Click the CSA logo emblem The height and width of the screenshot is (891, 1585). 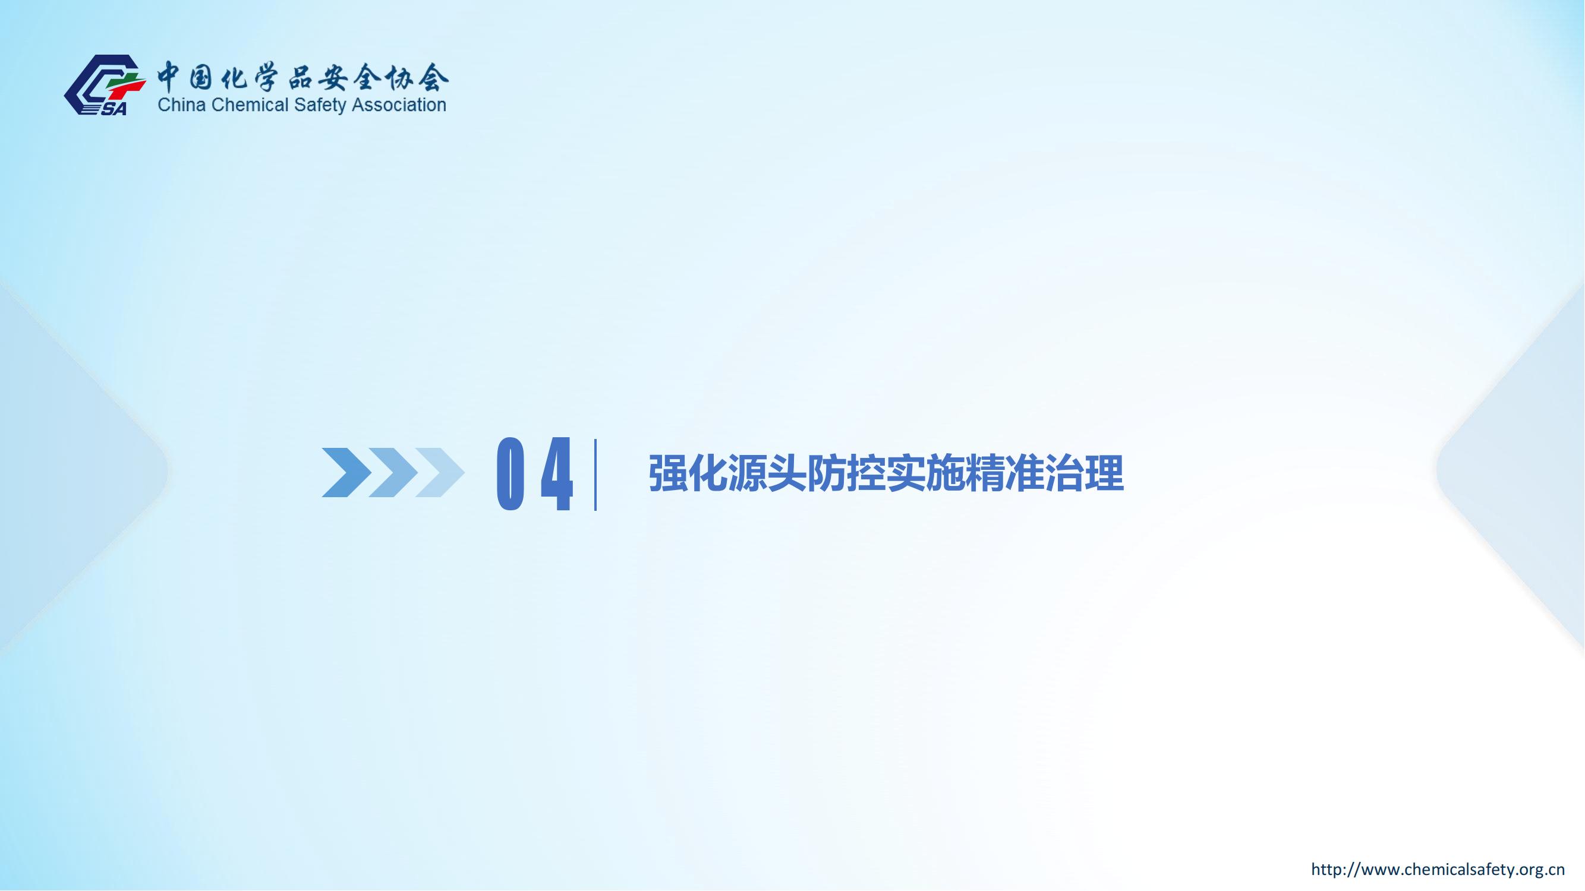click(105, 85)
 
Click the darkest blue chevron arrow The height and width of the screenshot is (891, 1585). click(346, 472)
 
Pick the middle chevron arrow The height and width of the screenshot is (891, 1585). click(393, 472)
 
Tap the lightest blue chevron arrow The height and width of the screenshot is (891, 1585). click(440, 472)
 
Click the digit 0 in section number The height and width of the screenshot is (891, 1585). click(511, 473)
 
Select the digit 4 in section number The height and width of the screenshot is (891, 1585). click(557, 473)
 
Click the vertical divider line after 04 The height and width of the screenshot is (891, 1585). click(595, 475)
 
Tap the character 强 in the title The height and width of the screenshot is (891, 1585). click(668, 473)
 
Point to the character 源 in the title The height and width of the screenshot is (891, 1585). click(748, 473)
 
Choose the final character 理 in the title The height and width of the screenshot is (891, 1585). click(1104, 473)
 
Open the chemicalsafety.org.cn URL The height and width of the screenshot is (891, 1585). click(1438, 869)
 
